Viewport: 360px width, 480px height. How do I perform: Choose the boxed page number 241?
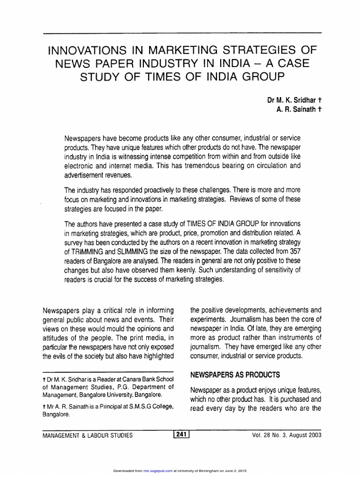coord(180,435)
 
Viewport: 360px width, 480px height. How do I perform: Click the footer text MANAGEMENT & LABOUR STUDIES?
coord(88,435)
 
